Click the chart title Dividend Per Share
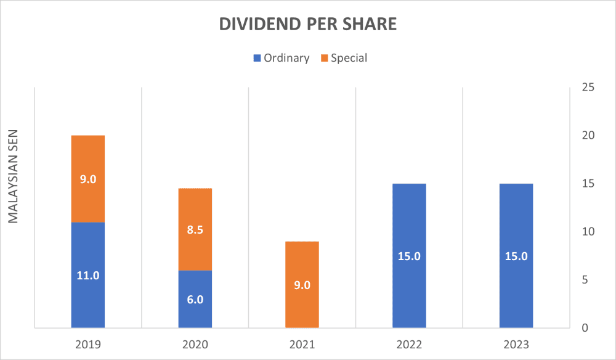click(308, 24)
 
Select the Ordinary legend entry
click(281, 58)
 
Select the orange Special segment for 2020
click(195, 213)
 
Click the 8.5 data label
click(195, 230)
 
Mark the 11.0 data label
click(88, 276)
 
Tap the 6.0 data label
click(195, 300)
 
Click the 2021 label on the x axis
click(302, 345)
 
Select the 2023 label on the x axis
click(516, 345)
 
